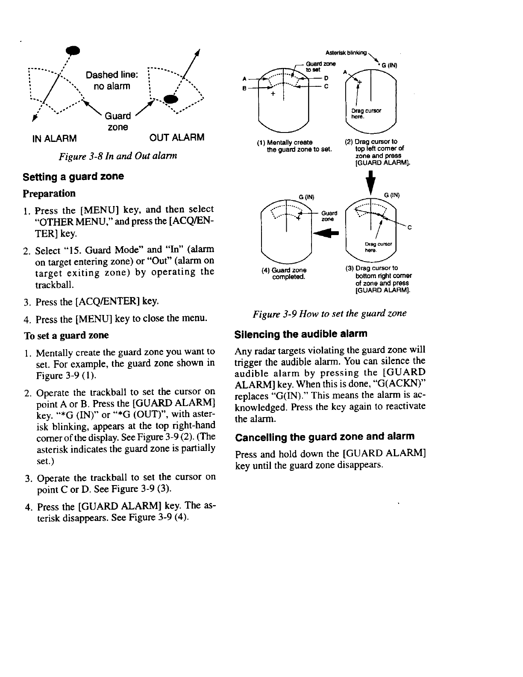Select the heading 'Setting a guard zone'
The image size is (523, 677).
pyautogui.click(x=73, y=177)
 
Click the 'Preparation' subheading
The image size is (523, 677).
pyautogui.click(x=49, y=193)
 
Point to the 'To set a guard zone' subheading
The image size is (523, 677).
pyautogui.click(x=66, y=335)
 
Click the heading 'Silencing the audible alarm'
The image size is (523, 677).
pyautogui.click(x=301, y=333)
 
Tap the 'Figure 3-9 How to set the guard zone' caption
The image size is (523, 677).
pyautogui.click(x=329, y=313)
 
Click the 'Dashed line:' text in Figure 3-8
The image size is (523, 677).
pyautogui.click(x=112, y=75)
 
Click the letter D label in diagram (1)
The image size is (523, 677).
pyautogui.click(x=326, y=79)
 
